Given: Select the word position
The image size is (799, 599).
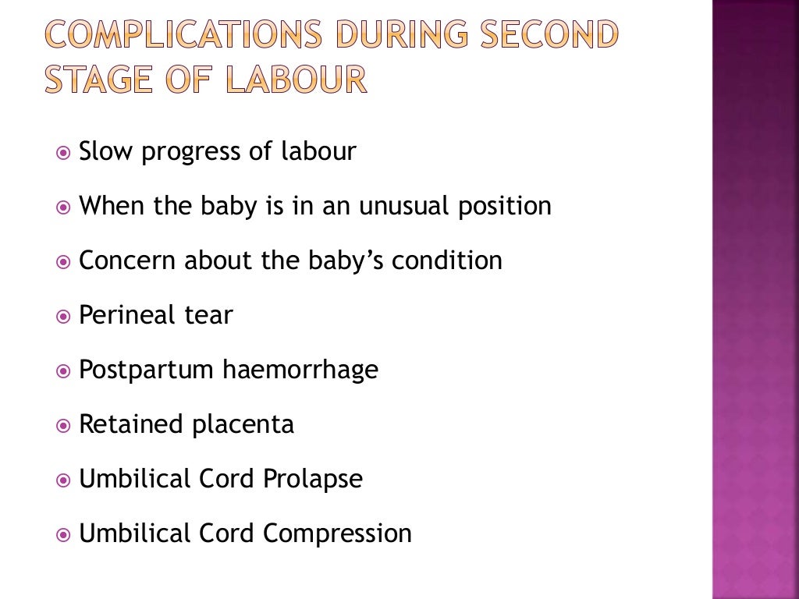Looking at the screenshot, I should tap(504, 207).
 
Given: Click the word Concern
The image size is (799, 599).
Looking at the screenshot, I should tap(128, 261).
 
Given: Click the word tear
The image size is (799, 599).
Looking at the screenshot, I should tap(208, 316).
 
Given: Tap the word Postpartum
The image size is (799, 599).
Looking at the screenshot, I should tap(146, 370).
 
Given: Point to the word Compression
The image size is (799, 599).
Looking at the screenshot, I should tap(337, 534).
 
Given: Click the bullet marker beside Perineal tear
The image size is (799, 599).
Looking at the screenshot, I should tap(63, 317).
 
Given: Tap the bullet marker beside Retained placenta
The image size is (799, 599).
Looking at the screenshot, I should tap(63, 426).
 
